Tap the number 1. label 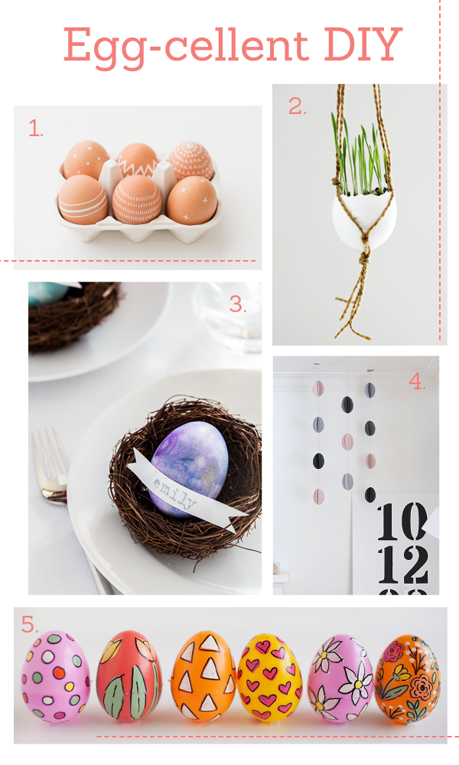[35, 129]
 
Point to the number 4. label [417, 382]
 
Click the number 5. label [29, 624]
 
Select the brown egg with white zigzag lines [138, 160]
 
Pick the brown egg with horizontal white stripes [83, 200]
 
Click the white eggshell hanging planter [364, 215]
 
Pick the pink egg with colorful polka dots [55, 676]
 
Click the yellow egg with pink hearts [270, 677]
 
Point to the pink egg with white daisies [340, 677]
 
